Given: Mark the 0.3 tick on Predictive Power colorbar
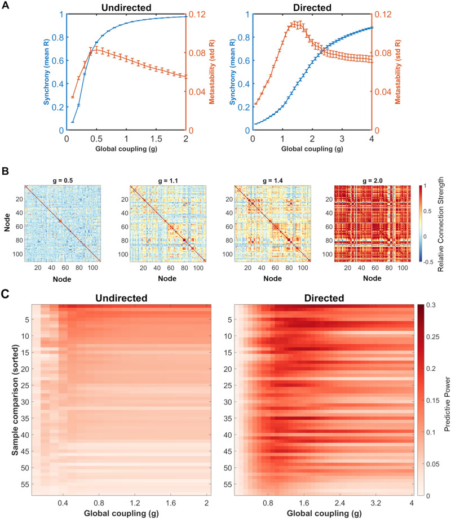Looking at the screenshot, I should [432, 305].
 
